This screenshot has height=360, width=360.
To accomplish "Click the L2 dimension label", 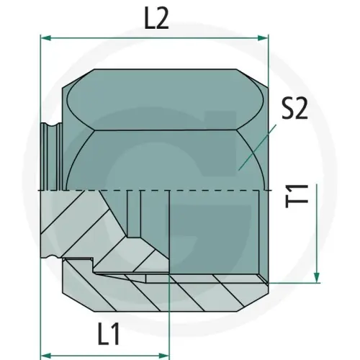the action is click(156, 19).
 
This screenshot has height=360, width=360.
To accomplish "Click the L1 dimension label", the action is click(109, 334).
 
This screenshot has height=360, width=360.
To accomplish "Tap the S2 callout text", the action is click(294, 108).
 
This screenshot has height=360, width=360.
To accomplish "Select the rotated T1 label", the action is click(297, 196).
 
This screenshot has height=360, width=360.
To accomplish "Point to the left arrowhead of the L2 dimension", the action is click(45, 37).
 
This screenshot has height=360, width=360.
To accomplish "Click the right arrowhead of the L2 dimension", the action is click(263, 37).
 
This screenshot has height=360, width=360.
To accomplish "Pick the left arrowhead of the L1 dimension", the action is click(45, 355).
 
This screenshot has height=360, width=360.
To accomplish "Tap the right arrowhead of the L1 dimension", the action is click(163, 355).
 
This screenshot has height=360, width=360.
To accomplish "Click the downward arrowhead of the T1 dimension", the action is click(317, 277).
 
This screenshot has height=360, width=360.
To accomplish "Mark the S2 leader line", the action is click(257, 148).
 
